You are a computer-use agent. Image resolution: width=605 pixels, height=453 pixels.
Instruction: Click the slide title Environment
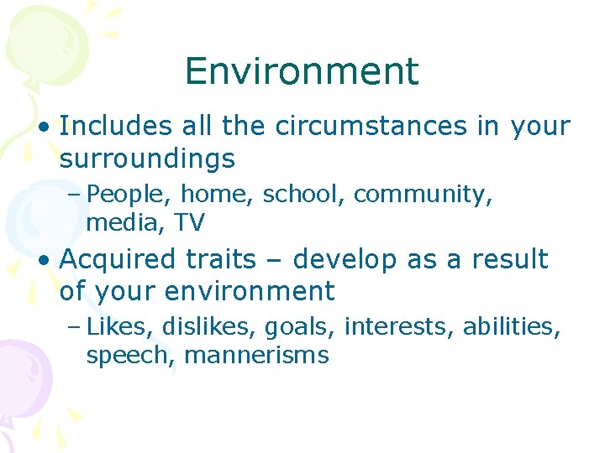pos(302,71)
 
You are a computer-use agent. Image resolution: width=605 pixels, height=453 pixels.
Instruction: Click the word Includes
pos(114,127)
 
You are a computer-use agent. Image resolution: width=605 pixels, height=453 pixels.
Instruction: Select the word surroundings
pos(147,159)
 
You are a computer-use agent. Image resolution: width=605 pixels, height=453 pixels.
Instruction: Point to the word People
pos(129,195)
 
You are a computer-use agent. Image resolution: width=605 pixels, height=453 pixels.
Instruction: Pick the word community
pos(423,195)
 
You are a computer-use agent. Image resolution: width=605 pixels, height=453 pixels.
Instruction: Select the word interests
pos(400,326)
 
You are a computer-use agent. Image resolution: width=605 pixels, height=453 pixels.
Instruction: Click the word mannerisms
pos(255,355)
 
